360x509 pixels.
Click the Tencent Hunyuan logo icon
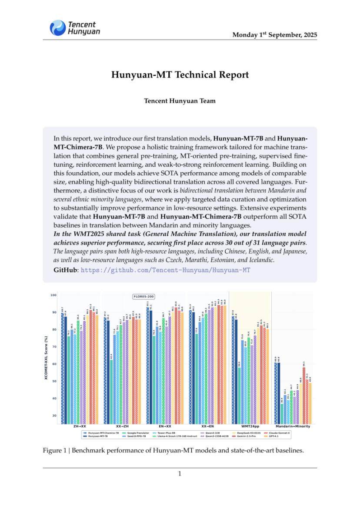point(58,28)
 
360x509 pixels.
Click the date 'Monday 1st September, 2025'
point(274,35)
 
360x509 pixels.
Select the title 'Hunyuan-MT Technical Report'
point(180,75)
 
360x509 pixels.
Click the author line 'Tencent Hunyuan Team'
point(180,101)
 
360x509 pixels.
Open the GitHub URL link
point(166,270)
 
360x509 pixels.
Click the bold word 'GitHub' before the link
point(65,270)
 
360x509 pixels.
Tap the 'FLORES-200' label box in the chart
point(143,297)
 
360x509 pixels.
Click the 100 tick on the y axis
point(53,295)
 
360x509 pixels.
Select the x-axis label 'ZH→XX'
point(79,427)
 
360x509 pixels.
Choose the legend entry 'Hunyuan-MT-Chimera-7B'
point(103,433)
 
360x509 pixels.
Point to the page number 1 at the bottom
point(180,474)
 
